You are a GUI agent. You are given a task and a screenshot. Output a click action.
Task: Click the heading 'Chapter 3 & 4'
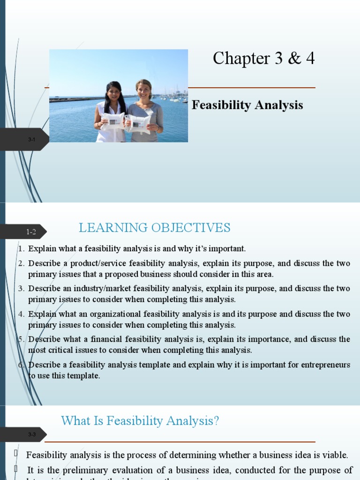click(x=263, y=59)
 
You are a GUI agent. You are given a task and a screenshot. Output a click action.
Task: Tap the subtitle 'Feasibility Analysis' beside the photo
click(x=247, y=105)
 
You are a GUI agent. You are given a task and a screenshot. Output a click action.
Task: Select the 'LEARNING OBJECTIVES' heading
click(x=155, y=228)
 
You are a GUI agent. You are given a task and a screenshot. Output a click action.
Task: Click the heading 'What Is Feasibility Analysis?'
click(x=140, y=421)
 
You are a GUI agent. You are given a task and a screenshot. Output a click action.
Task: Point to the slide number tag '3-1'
click(x=31, y=140)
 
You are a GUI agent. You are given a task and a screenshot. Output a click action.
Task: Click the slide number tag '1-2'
click(x=31, y=232)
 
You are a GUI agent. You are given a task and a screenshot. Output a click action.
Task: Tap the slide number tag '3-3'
click(x=31, y=435)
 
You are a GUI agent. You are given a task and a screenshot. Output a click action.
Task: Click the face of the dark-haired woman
click(x=114, y=92)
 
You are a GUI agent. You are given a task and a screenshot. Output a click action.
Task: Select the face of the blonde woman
click(x=143, y=90)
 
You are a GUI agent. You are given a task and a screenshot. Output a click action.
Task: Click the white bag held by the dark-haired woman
click(x=113, y=121)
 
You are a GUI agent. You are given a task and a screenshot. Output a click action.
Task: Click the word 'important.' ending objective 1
click(x=228, y=248)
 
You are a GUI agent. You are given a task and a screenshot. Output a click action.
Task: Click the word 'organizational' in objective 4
click(x=117, y=314)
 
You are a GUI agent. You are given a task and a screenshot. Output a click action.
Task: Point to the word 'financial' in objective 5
click(x=97, y=339)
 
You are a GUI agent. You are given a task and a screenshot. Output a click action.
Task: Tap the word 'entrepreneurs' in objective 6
click(x=327, y=365)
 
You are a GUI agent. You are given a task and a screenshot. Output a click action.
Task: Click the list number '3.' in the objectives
click(x=21, y=289)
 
